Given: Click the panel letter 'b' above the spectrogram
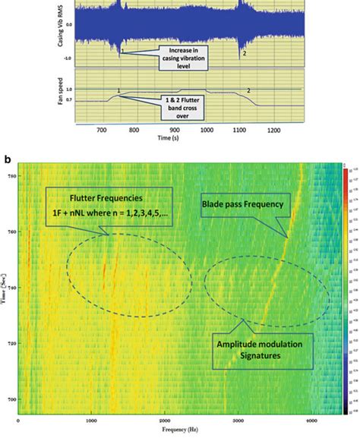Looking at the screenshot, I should (x=8, y=159).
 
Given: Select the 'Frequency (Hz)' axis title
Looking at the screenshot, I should (x=179, y=430).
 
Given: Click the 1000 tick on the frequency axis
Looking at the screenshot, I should (x=91, y=421).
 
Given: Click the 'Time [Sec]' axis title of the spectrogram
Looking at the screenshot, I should (x=5, y=289).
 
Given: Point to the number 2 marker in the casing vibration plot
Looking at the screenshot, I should (x=243, y=53).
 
